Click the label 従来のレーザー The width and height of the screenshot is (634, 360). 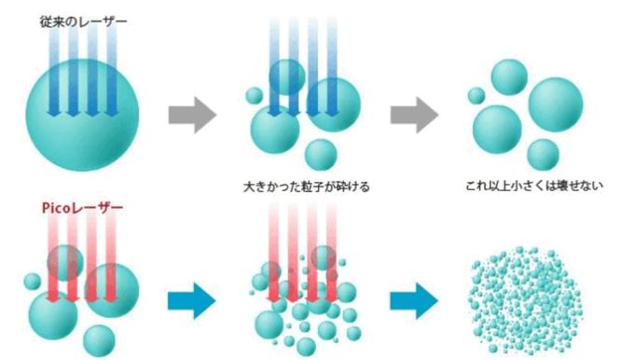click(x=83, y=21)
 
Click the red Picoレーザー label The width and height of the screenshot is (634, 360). click(x=82, y=208)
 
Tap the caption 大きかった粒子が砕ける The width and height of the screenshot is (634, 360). click(x=307, y=187)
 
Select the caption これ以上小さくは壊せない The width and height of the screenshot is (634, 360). click(x=534, y=186)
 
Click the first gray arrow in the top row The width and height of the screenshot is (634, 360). click(x=192, y=115)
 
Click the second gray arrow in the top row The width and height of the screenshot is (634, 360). click(x=415, y=115)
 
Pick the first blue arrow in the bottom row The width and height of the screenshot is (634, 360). click(x=192, y=301)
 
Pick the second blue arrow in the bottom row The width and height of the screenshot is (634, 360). click(x=414, y=301)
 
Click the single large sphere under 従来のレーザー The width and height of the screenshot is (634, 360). click(x=82, y=115)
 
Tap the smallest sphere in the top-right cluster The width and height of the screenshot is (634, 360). click(x=476, y=96)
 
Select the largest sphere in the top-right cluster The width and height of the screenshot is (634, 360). click(x=556, y=104)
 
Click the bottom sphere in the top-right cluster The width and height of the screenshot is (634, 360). click(x=543, y=155)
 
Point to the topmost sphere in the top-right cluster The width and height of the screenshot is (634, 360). click(x=509, y=77)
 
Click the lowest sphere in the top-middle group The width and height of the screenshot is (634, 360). click(x=321, y=155)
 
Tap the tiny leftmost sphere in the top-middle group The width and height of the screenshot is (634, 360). click(x=255, y=96)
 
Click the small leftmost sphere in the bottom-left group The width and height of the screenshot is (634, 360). click(x=33, y=282)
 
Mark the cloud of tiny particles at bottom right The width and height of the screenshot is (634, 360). click(x=526, y=299)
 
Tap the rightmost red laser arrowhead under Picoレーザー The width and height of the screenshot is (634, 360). click(x=110, y=298)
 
